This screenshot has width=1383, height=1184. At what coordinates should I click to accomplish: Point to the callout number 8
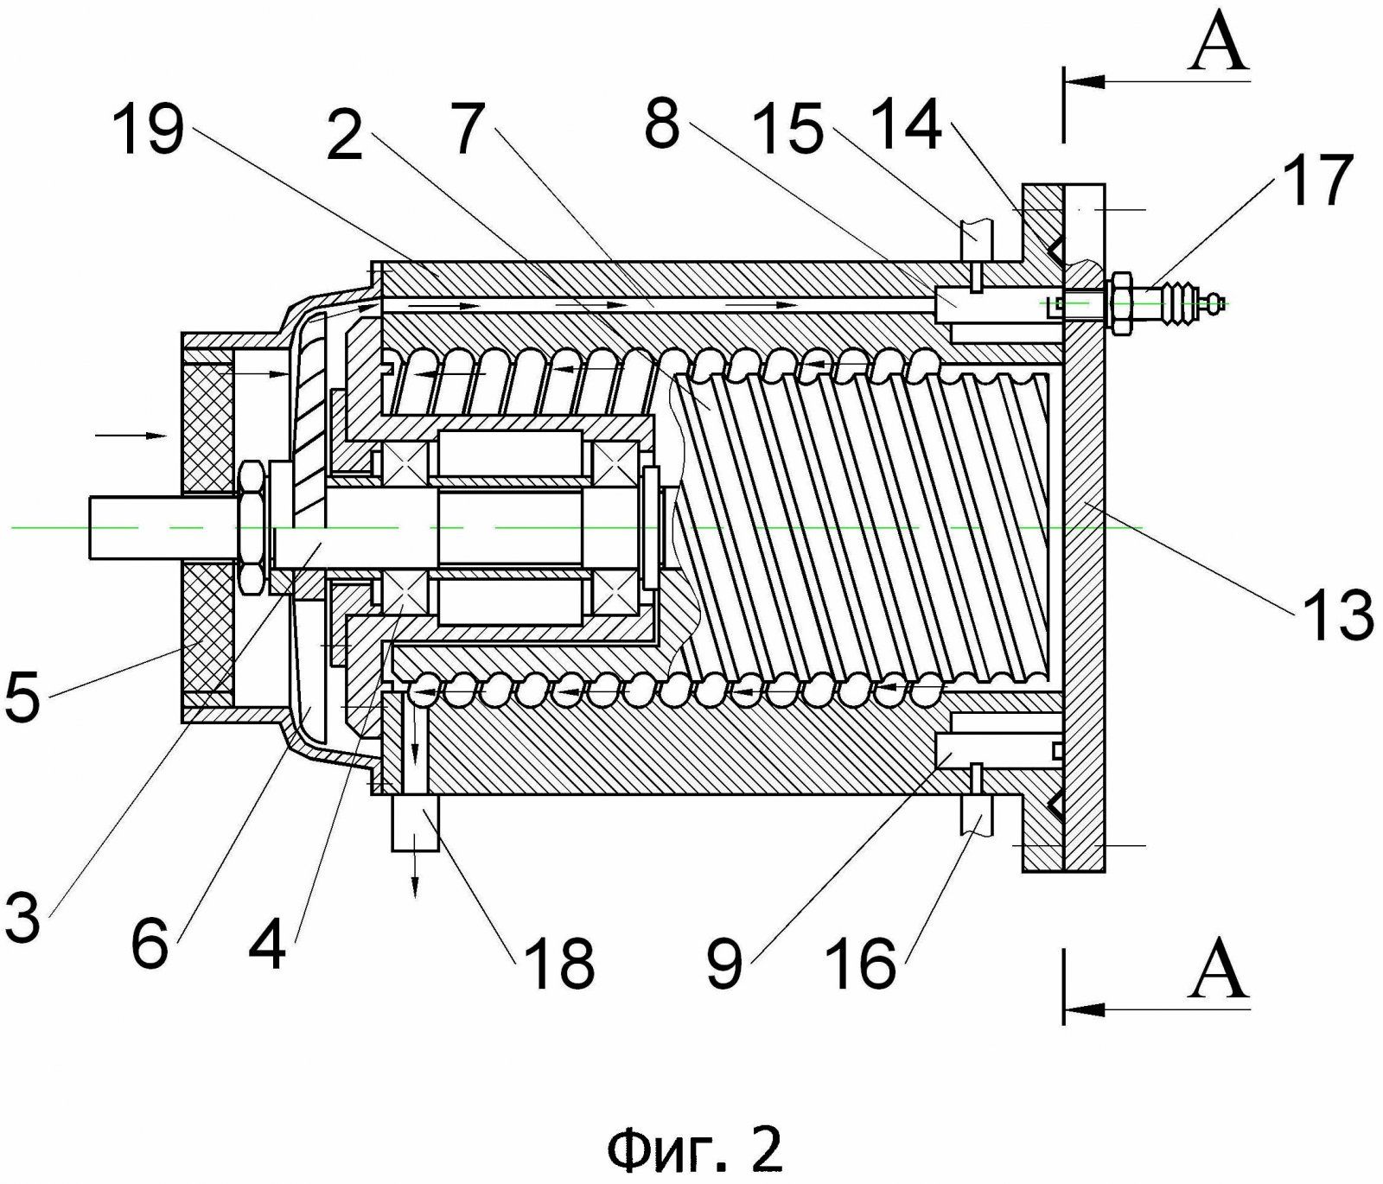coord(662,125)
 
